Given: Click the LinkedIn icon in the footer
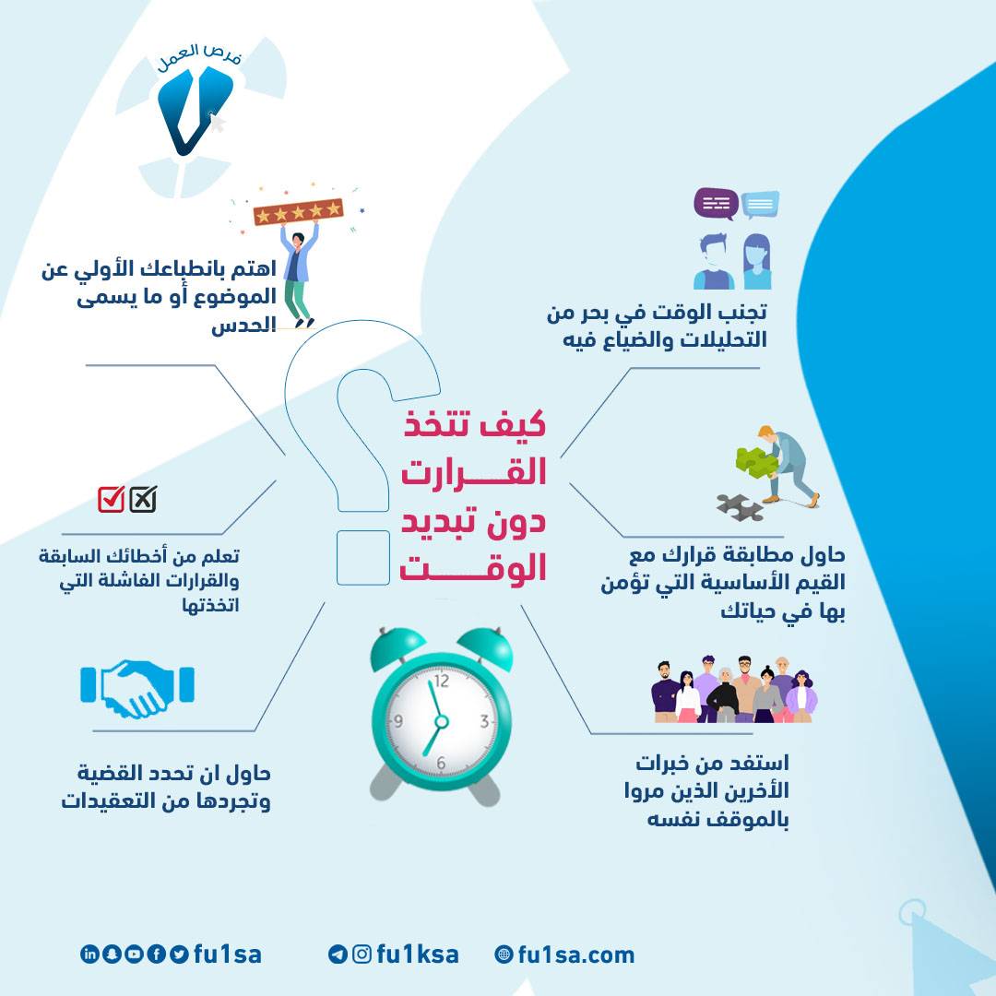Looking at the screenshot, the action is coord(89,954).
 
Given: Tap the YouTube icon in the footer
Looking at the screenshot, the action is coord(134,954).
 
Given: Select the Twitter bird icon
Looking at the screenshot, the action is coord(179,954).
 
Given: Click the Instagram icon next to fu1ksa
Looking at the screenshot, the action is coord(362,954).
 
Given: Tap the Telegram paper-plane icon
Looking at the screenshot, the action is coord(338,954).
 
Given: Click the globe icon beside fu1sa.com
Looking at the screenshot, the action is coord(504,954).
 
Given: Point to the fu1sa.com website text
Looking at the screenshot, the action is coord(576,954).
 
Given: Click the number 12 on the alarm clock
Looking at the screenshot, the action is coord(441,681).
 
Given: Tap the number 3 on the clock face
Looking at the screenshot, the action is coord(485,721).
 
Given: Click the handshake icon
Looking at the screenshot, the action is coord(137,689).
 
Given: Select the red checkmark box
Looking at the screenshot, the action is coord(112,499).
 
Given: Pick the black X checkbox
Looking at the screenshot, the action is coord(143,499).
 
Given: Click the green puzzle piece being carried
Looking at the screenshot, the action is coord(756,462).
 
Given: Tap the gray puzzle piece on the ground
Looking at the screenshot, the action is coord(740,507).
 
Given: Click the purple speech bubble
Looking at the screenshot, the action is coord(716,204).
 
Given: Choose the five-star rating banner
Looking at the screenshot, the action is coord(298,211).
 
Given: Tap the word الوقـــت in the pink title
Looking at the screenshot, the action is coord(473,568).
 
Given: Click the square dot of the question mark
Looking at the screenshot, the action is coord(362,558).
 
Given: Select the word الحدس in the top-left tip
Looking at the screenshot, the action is coord(243,326).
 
